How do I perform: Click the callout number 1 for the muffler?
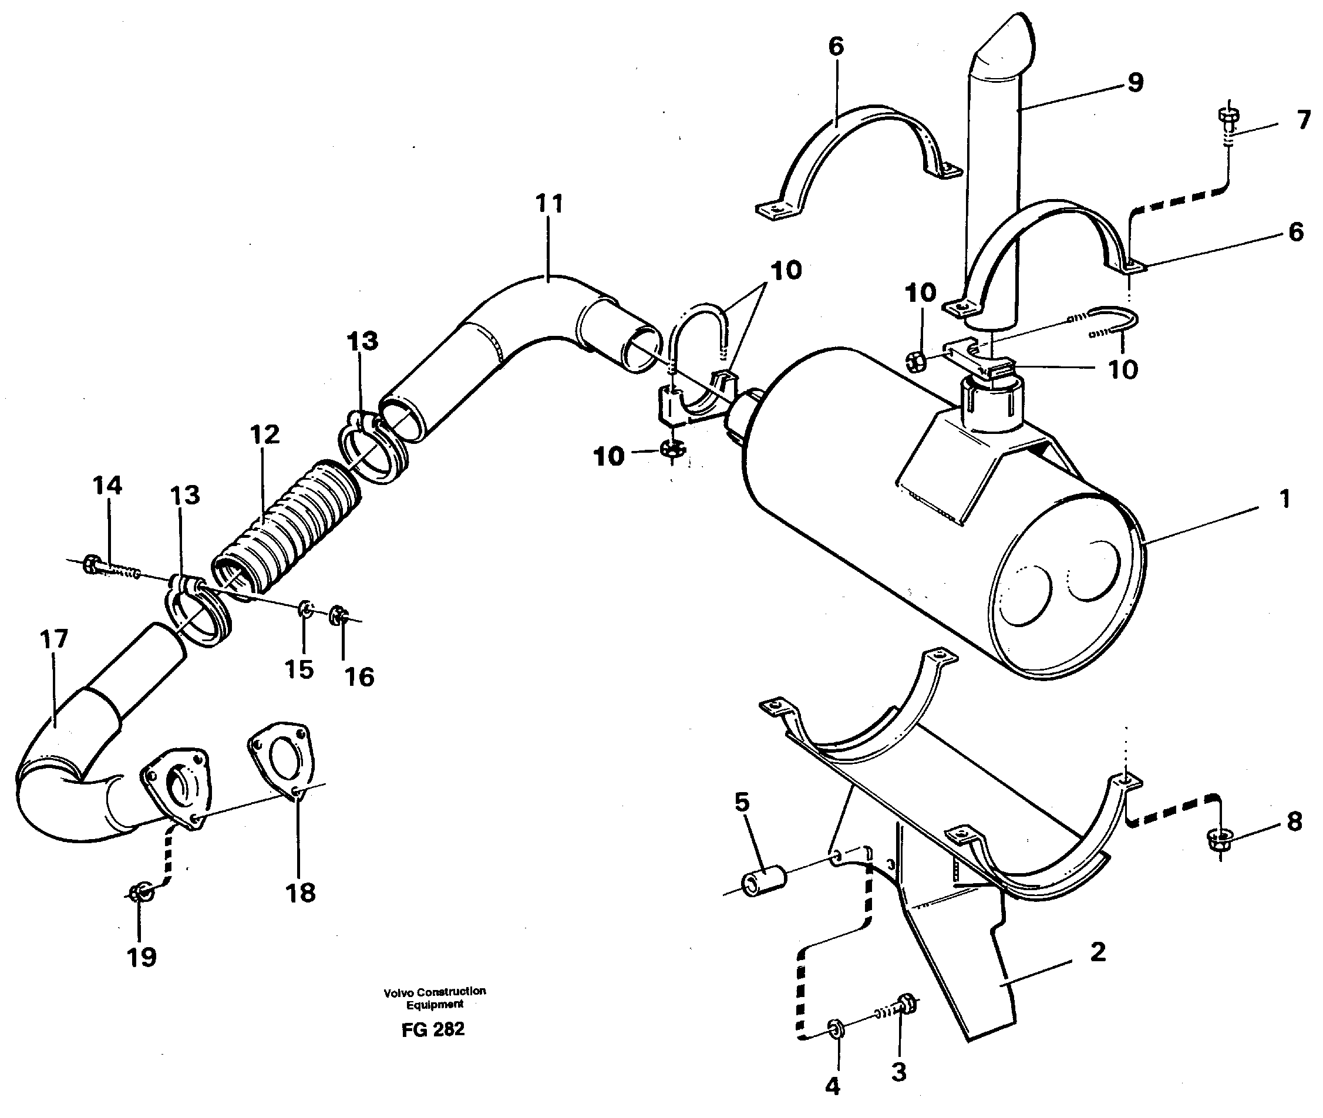tap(1284, 500)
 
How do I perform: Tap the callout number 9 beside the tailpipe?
tap(1135, 82)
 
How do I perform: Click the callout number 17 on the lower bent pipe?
tap(54, 639)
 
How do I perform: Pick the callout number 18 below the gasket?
tap(301, 893)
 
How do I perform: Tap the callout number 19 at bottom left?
tap(142, 957)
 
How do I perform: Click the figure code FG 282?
tap(433, 1029)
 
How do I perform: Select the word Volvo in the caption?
tap(398, 992)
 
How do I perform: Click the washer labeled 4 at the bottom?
tap(836, 1029)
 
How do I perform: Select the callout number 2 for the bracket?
tap(1099, 952)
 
